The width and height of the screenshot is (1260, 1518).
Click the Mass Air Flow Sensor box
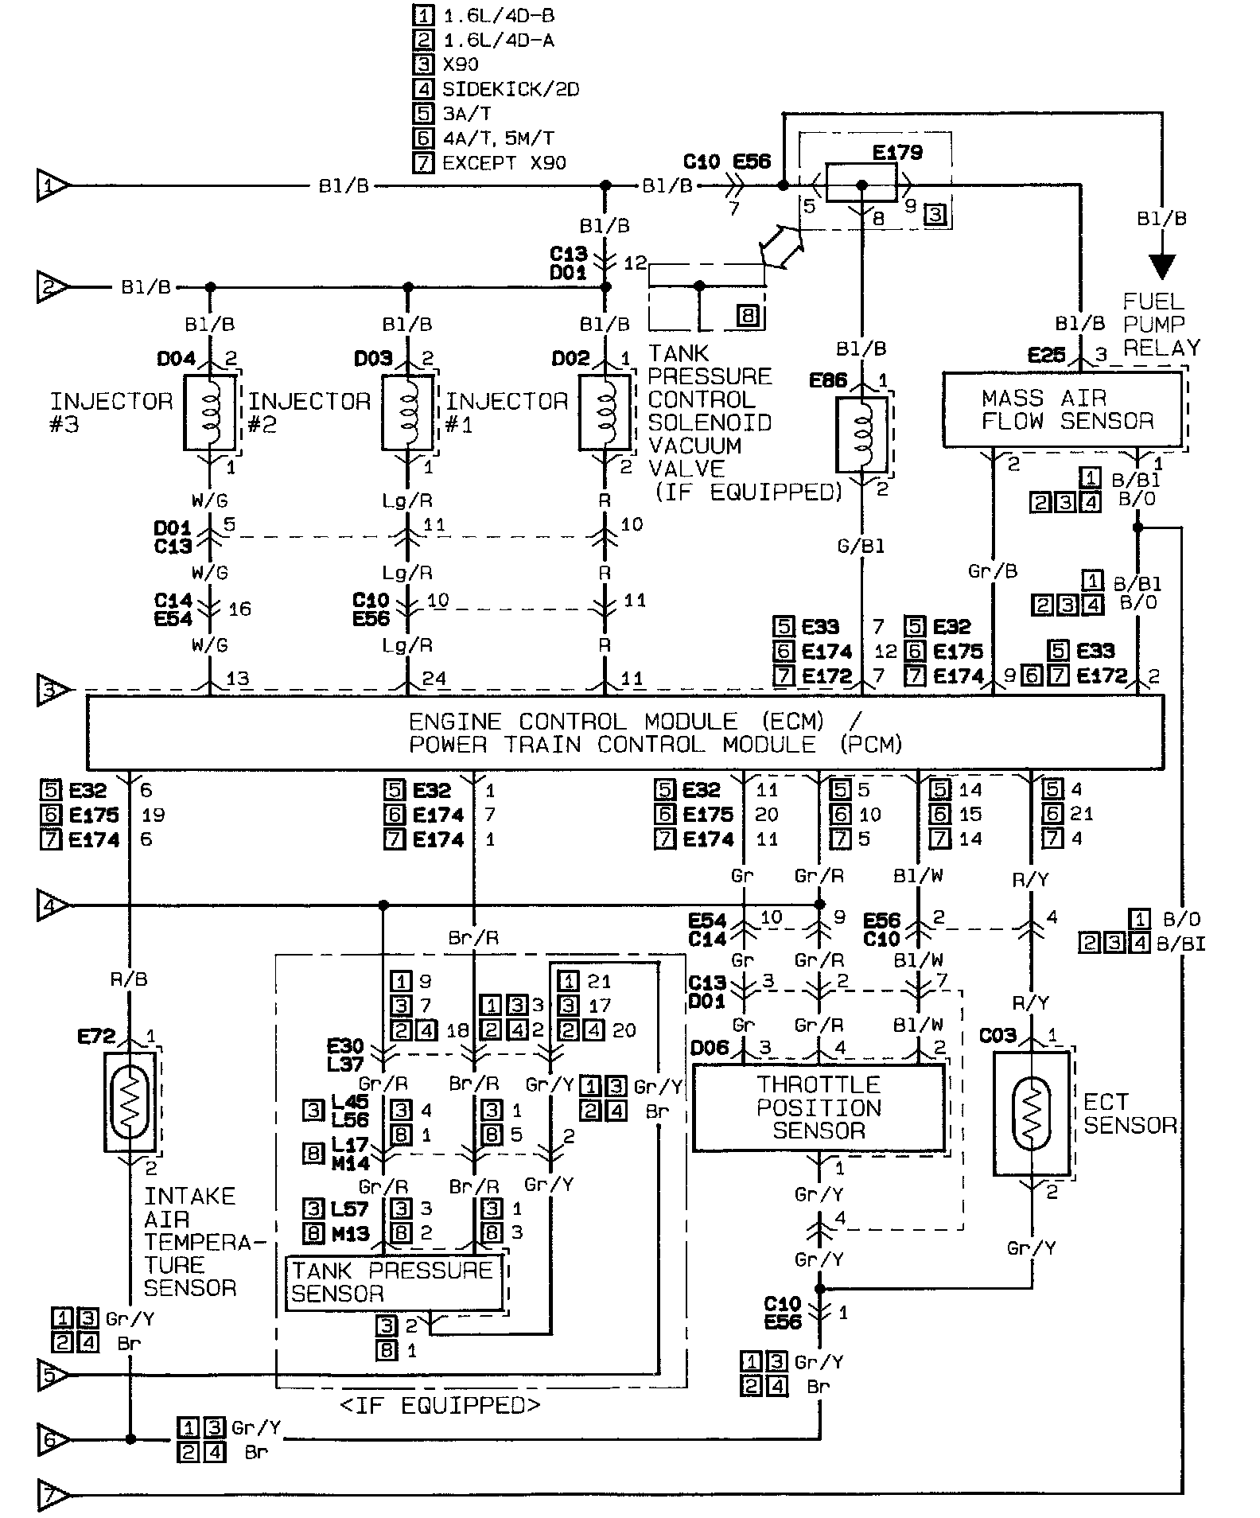pyautogui.click(x=1062, y=410)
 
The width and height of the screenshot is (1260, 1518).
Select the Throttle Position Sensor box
pyautogui.click(x=819, y=1107)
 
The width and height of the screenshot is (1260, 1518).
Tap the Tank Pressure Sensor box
pyautogui.click(x=395, y=1282)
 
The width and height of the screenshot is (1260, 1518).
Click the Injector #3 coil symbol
pyautogui.click(x=210, y=413)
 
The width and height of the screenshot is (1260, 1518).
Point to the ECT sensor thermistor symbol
pyautogui.click(x=1032, y=1112)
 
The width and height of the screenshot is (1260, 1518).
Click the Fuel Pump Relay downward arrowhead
pyautogui.click(x=1162, y=265)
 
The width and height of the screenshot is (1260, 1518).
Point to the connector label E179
pyautogui.click(x=896, y=152)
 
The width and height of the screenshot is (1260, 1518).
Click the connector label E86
pyautogui.click(x=828, y=380)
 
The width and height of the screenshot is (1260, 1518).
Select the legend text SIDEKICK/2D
pyautogui.click(x=510, y=89)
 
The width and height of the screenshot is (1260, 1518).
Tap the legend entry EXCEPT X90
pyautogui.click(x=504, y=163)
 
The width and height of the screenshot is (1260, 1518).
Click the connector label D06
pyautogui.click(x=710, y=1048)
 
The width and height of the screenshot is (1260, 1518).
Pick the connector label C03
pyautogui.click(x=997, y=1035)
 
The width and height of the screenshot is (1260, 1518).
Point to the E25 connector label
pyautogui.click(x=1045, y=355)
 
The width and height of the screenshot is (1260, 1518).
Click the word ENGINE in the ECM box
pyautogui.click(x=455, y=722)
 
